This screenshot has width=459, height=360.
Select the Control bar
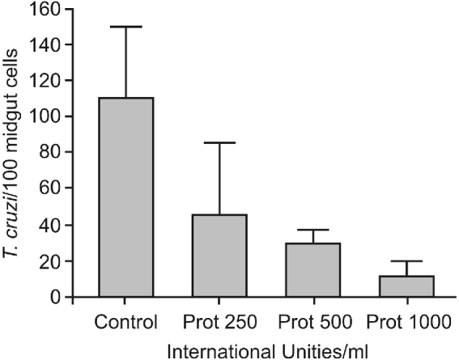[x=125, y=197]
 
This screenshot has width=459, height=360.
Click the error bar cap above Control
[x=125, y=27]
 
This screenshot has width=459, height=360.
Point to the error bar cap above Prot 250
[x=219, y=143]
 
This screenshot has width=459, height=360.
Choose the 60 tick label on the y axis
[x=52, y=188]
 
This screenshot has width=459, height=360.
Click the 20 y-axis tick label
[x=52, y=261]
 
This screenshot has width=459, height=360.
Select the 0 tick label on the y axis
[x=56, y=297]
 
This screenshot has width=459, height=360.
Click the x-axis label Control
[x=125, y=323]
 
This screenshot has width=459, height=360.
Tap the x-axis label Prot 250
[x=219, y=323]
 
